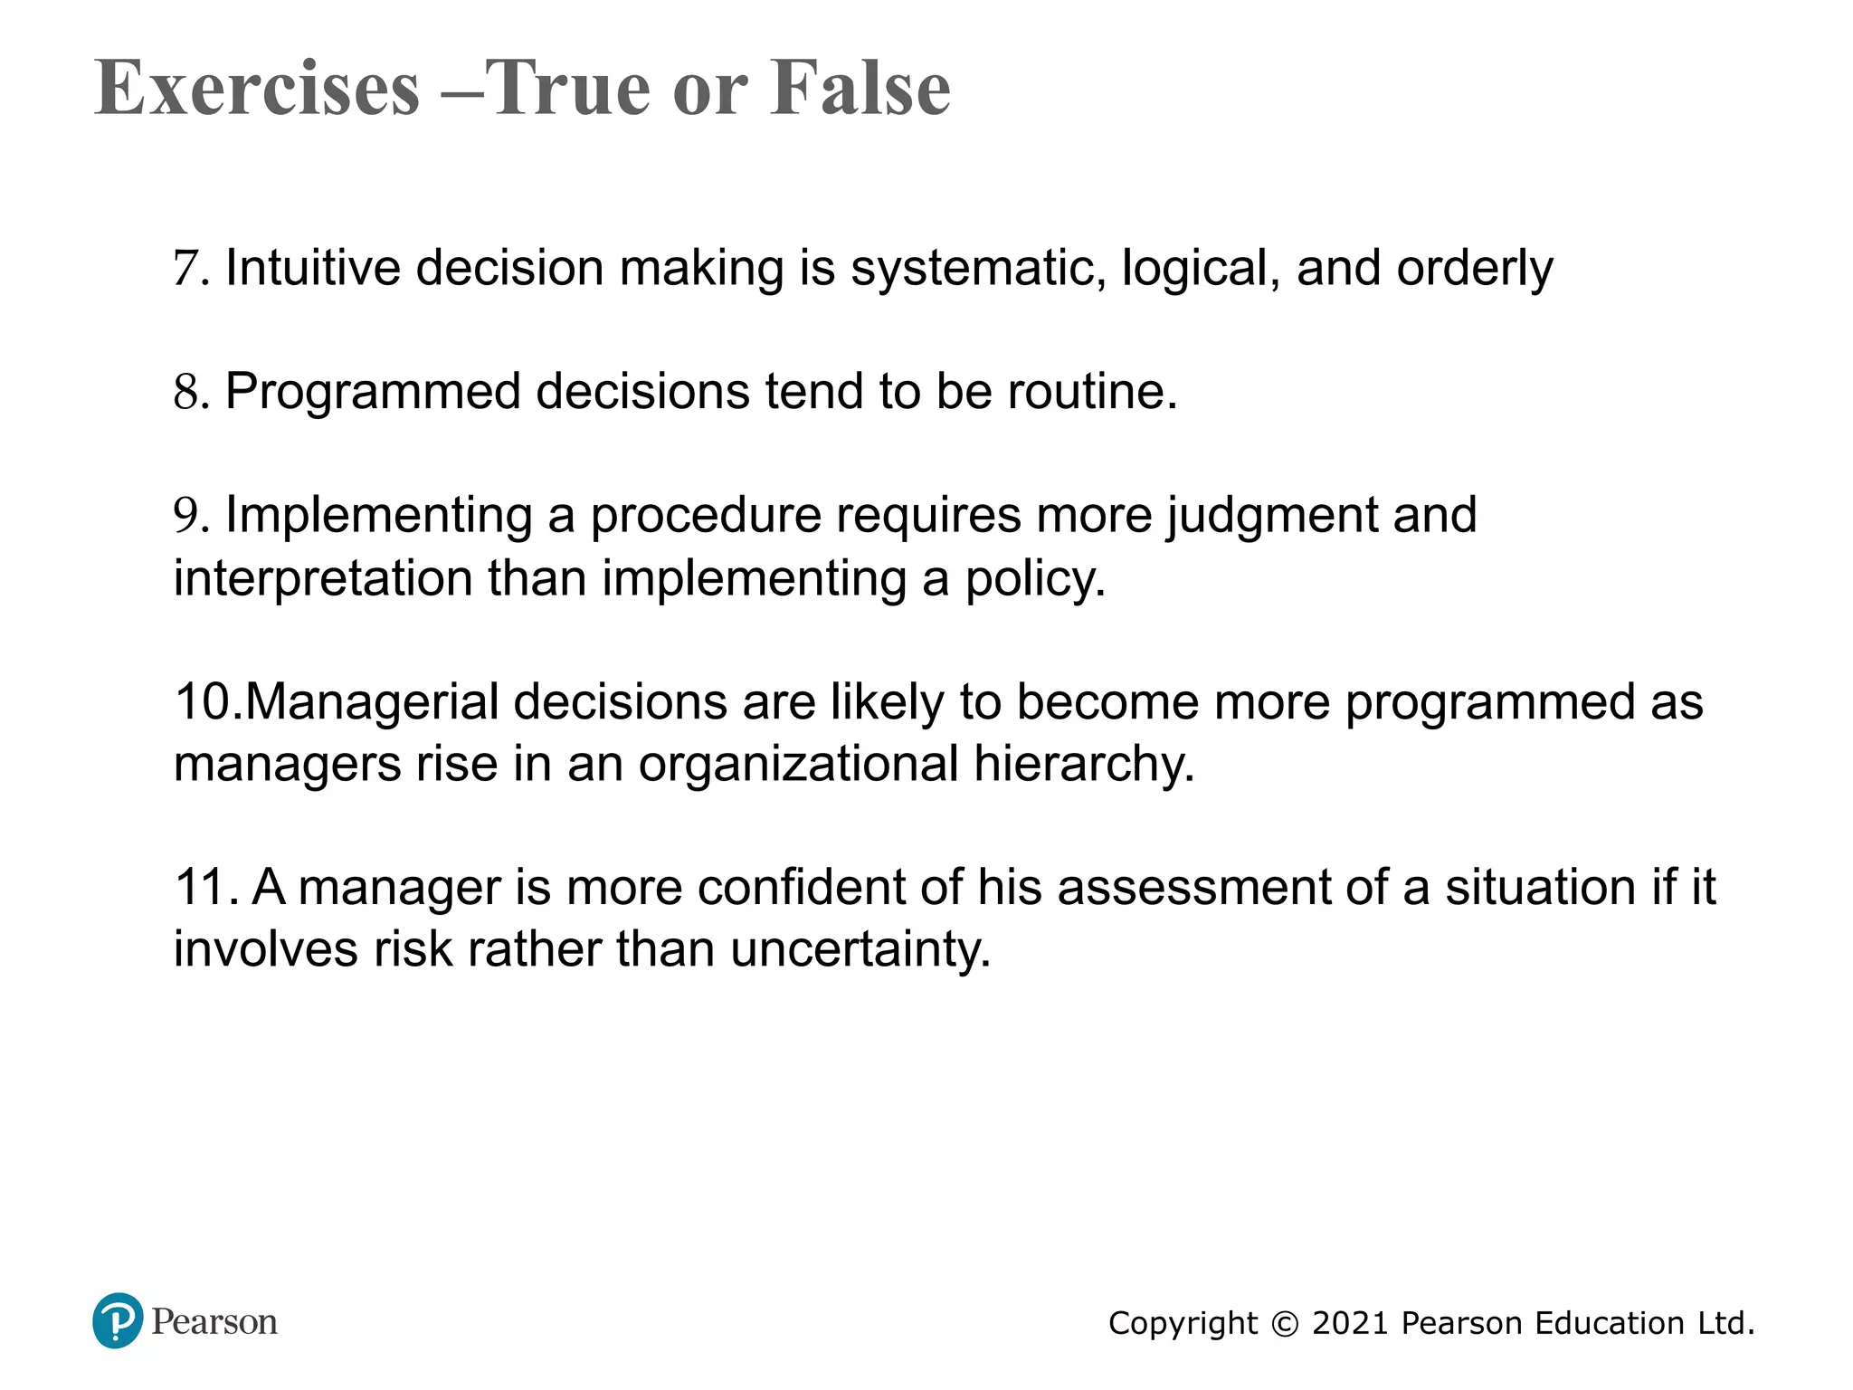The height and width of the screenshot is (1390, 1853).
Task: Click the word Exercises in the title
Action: [258, 88]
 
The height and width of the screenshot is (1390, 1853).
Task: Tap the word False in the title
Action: [860, 88]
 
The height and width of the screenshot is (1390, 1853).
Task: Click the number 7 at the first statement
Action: [185, 269]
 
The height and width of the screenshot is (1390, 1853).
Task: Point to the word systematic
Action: [978, 269]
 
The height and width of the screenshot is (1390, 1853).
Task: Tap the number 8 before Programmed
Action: [185, 392]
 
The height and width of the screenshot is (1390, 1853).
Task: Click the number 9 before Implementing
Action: [185, 515]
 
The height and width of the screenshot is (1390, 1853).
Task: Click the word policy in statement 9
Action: [1035, 577]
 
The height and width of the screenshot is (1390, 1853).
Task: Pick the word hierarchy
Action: [1084, 764]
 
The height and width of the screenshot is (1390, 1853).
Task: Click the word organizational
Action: [798, 764]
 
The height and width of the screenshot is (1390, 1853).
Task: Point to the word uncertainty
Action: [860, 949]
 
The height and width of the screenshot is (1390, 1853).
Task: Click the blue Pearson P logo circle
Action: [118, 1321]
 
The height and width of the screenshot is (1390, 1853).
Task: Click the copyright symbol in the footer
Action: [1285, 1324]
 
